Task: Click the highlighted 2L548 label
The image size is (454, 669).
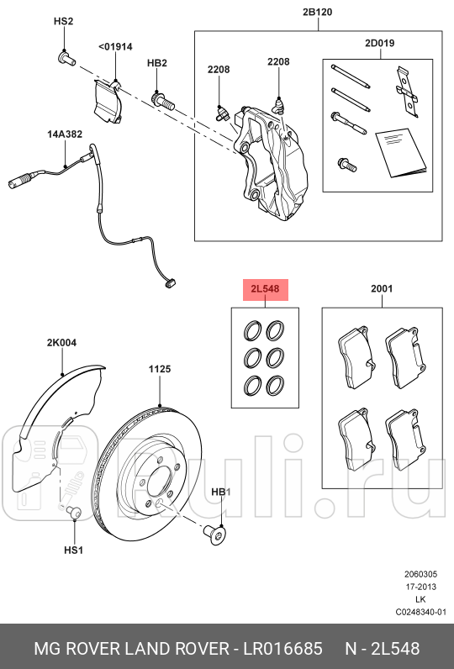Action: tap(266, 290)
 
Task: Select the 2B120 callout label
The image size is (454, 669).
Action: tap(319, 13)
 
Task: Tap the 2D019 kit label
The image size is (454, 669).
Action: tap(379, 42)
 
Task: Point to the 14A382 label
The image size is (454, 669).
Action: tap(65, 134)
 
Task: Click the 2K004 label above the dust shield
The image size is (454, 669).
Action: tap(61, 343)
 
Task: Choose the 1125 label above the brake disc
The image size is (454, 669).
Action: tap(160, 368)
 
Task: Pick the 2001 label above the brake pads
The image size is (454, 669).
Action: tap(382, 289)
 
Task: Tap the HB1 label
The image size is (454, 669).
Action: tap(220, 492)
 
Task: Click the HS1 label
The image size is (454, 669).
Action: tap(74, 550)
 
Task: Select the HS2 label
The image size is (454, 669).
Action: tap(64, 20)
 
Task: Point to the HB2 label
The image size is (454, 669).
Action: tap(157, 63)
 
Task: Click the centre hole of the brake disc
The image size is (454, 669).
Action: tap(161, 483)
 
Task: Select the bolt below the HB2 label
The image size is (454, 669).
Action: tap(162, 102)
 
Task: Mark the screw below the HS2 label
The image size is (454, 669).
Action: tap(66, 58)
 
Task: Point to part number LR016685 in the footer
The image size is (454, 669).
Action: tap(281, 648)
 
